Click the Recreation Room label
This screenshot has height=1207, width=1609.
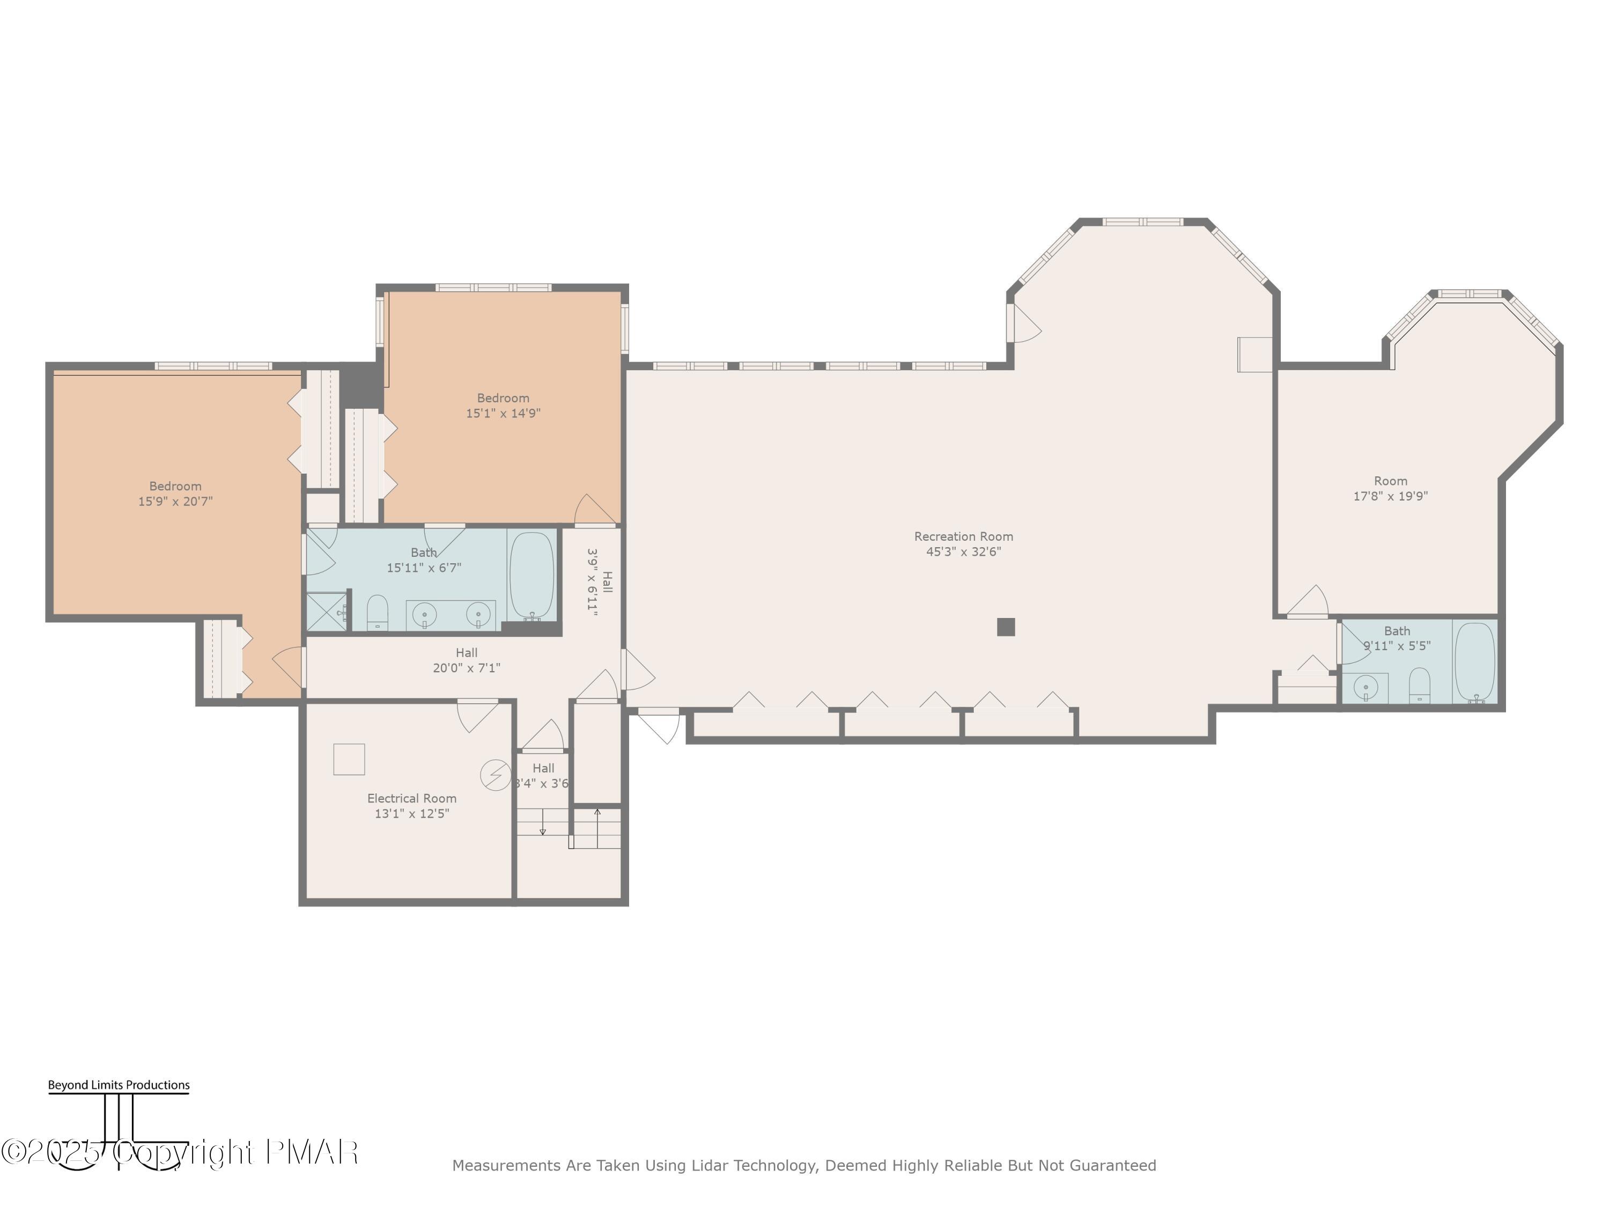(963, 536)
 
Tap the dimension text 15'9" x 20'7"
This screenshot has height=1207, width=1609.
(175, 501)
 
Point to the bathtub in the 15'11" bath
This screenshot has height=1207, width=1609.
(532, 575)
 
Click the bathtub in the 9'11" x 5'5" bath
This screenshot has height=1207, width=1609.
(1474, 661)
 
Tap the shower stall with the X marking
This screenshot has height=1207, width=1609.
(327, 612)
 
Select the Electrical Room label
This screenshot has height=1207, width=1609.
(412, 798)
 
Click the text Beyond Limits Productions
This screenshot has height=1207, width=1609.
(119, 1085)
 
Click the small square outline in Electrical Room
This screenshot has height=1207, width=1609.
(349, 760)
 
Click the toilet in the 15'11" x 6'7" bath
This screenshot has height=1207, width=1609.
(377, 613)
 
